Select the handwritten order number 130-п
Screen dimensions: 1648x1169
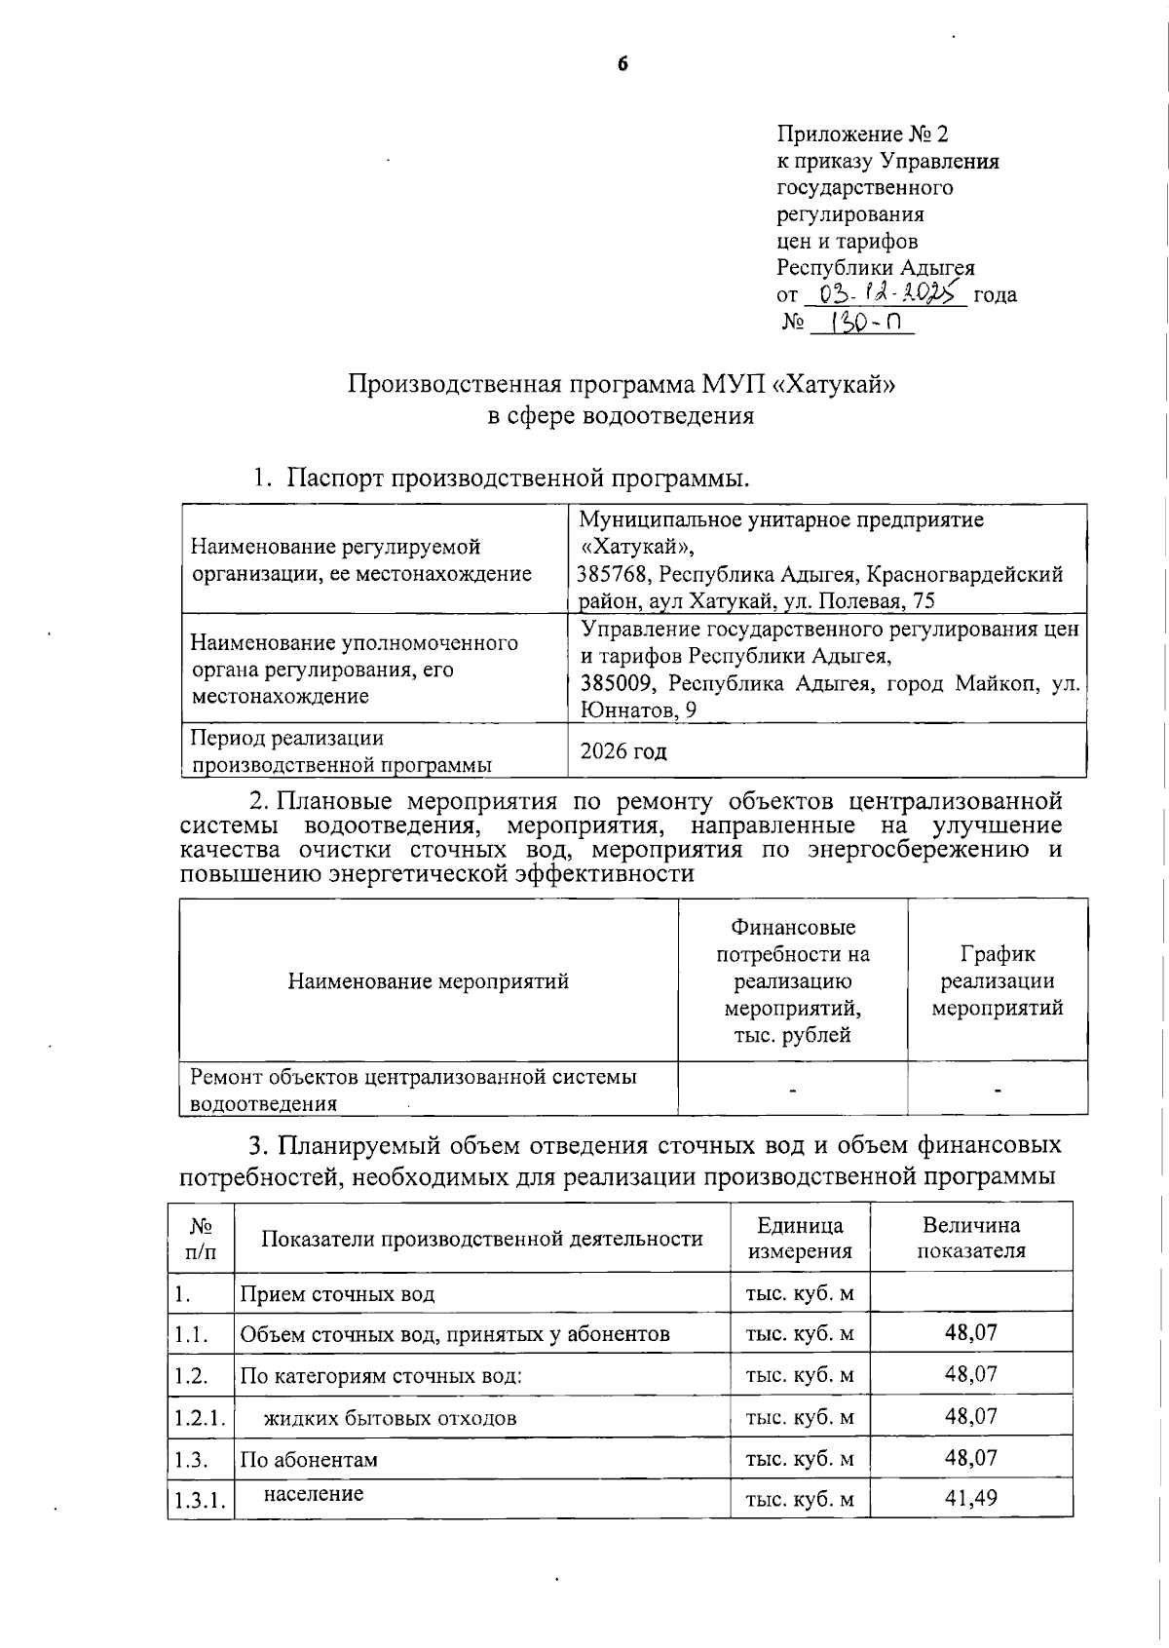pos(861,323)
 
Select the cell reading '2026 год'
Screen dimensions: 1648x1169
pos(623,751)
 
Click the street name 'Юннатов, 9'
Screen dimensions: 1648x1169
pos(638,710)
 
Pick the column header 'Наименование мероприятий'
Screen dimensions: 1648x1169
pos(428,980)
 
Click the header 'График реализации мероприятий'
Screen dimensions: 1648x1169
pos(997,980)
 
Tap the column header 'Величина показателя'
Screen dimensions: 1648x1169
pos(970,1238)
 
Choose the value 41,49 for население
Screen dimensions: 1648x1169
pos(970,1498)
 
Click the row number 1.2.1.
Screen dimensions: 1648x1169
pos(200,1417)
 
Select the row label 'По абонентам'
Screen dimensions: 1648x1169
pos(309,1460)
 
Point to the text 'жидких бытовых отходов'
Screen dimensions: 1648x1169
pos(390,1417)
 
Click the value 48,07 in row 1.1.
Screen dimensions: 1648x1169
pos(970,1332)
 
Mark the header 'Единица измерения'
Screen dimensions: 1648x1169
pos(800,1238)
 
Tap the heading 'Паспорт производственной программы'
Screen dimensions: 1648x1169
pos(516,479)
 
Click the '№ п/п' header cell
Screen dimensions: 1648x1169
pos(201,1238)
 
